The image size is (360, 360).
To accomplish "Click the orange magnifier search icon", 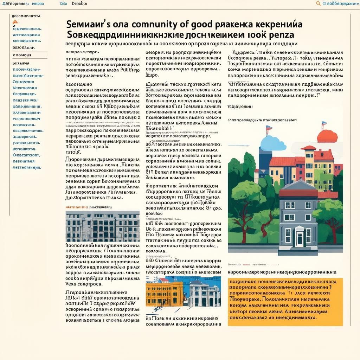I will (x=318, y=4).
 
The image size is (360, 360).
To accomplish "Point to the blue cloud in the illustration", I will (x=273, y=143).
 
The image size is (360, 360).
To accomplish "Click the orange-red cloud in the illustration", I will (x=327, y=136).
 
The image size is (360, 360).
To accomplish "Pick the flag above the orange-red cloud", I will (x=323, y=124).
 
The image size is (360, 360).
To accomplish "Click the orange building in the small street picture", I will (x=164, y=294).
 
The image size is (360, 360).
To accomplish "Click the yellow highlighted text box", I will (x=285, y=302).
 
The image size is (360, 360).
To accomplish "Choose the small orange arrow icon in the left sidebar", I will (x=15, y=22).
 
